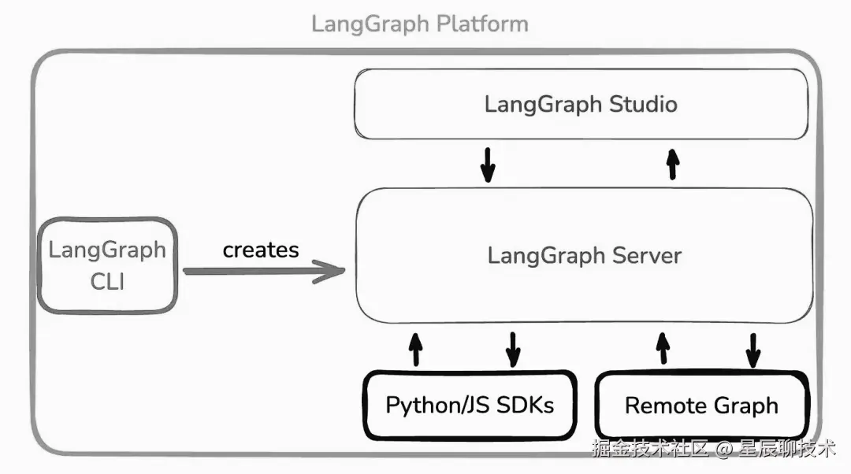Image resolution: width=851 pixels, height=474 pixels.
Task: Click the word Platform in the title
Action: (x=482, y=24)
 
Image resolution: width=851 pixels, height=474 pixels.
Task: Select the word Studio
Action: (x=643, y=104)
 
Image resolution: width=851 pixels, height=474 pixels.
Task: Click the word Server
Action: (x=646, y=255)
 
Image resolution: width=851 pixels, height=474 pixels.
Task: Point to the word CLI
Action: (x=107, y=281)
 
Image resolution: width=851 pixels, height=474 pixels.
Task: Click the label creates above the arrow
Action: (x=261, y=250)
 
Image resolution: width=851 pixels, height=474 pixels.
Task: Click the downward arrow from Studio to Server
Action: (x=488, y=165)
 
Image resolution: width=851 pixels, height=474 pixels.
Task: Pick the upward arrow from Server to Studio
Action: (x=673, y=165)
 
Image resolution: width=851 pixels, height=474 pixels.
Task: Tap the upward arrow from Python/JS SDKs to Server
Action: (x=416, y=350)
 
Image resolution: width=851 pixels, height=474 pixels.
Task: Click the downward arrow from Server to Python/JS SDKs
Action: (x=513, y=350)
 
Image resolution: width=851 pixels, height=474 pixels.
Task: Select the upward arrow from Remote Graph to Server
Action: (x=663, y=349)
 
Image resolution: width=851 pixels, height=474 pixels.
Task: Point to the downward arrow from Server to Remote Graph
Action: (x=753, y=350)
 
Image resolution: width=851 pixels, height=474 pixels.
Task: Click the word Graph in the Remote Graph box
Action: (x=745, y=406)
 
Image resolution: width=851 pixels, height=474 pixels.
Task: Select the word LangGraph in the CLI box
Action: (x=107, y=250)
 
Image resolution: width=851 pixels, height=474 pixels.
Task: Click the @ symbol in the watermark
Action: (x=723, y=449)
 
